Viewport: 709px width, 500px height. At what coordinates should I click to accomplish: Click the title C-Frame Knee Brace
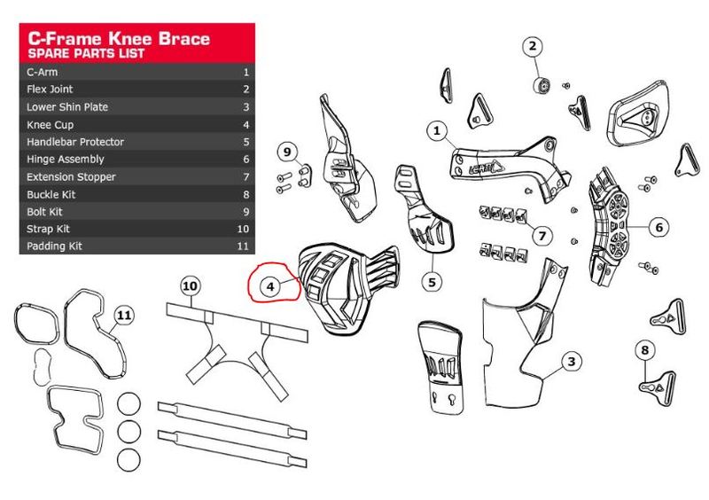pyautogui.click(x=119, y=38)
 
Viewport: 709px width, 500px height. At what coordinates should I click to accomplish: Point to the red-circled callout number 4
pyautogui.click(x=271, y=286)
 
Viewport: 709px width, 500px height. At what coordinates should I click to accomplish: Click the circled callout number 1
pyautogui.click(x=436, y=131)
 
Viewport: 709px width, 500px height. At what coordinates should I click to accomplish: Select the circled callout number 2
pyautogui.click(x=534, y=46)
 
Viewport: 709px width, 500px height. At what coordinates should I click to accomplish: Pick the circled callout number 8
pyautogui.click(x=644, y=349)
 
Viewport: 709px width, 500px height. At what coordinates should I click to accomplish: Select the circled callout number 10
pyautogui.click(x=189, y=285)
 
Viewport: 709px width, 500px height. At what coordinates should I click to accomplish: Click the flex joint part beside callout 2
pyautogui.click(x=540, y=85)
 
